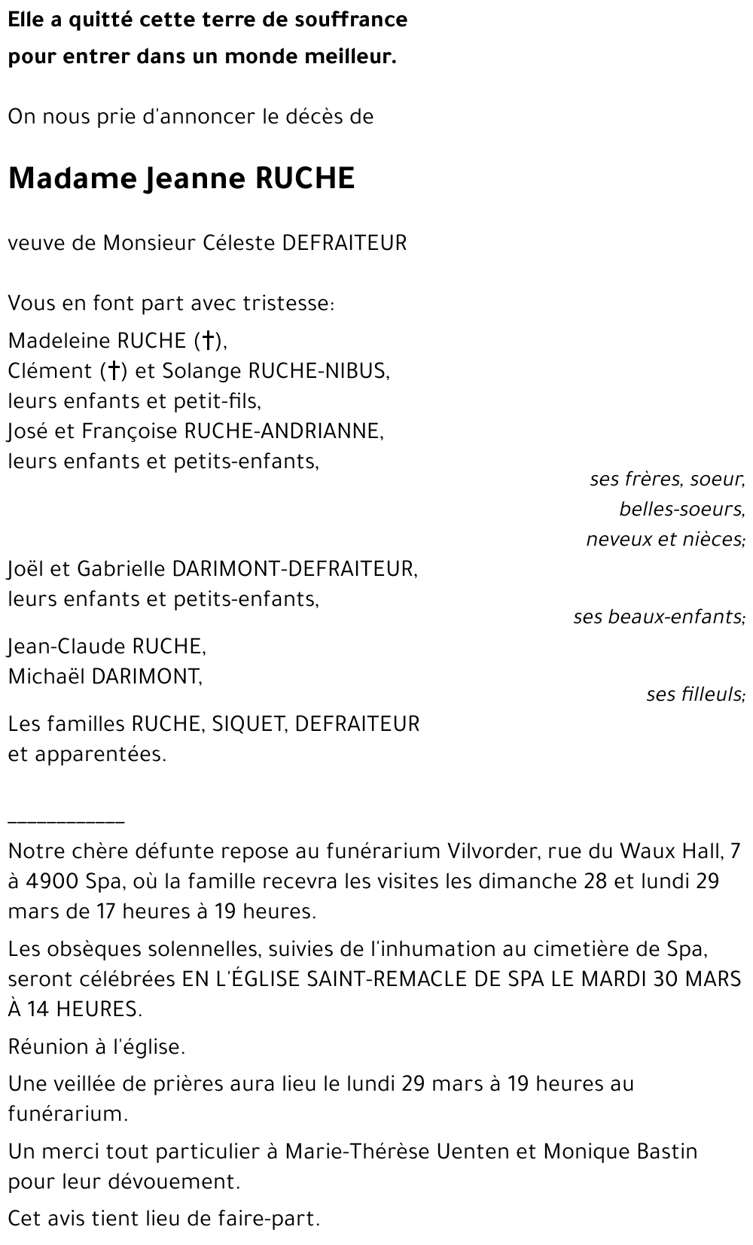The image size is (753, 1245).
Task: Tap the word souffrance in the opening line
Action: (x=361, y=20)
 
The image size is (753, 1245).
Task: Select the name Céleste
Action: (x=239, y=243)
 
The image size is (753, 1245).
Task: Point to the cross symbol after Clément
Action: (x=114, y=371)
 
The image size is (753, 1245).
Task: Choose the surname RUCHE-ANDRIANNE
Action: (x=283, y=431)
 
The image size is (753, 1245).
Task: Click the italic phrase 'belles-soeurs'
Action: (x=681, y=510)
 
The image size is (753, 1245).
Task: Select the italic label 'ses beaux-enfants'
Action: (x=659, y=616)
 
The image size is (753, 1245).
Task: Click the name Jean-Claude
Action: (x=67, y=647)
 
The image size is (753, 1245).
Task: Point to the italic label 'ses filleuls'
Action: (x=695, y=694)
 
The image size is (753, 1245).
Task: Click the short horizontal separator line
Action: (x=66, y=822)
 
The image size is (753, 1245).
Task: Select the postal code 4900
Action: (x=51, y=881)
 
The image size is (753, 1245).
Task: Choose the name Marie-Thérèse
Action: (x=353, y=1152)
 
